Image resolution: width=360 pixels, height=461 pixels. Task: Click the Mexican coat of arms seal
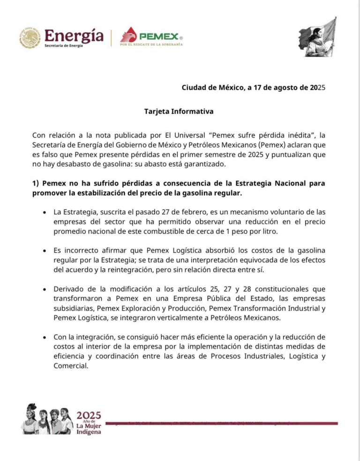[30, 37]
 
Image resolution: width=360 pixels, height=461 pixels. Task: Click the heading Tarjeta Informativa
[179, 112]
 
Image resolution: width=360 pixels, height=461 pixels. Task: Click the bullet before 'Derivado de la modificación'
[44, 289]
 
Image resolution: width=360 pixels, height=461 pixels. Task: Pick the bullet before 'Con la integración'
[44, 337]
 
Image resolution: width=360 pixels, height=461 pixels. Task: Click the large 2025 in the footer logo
[89, 415]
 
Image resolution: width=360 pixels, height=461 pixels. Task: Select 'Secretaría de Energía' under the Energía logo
[63, 45]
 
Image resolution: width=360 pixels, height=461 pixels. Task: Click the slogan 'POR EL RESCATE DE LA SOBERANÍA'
[151, 45]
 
